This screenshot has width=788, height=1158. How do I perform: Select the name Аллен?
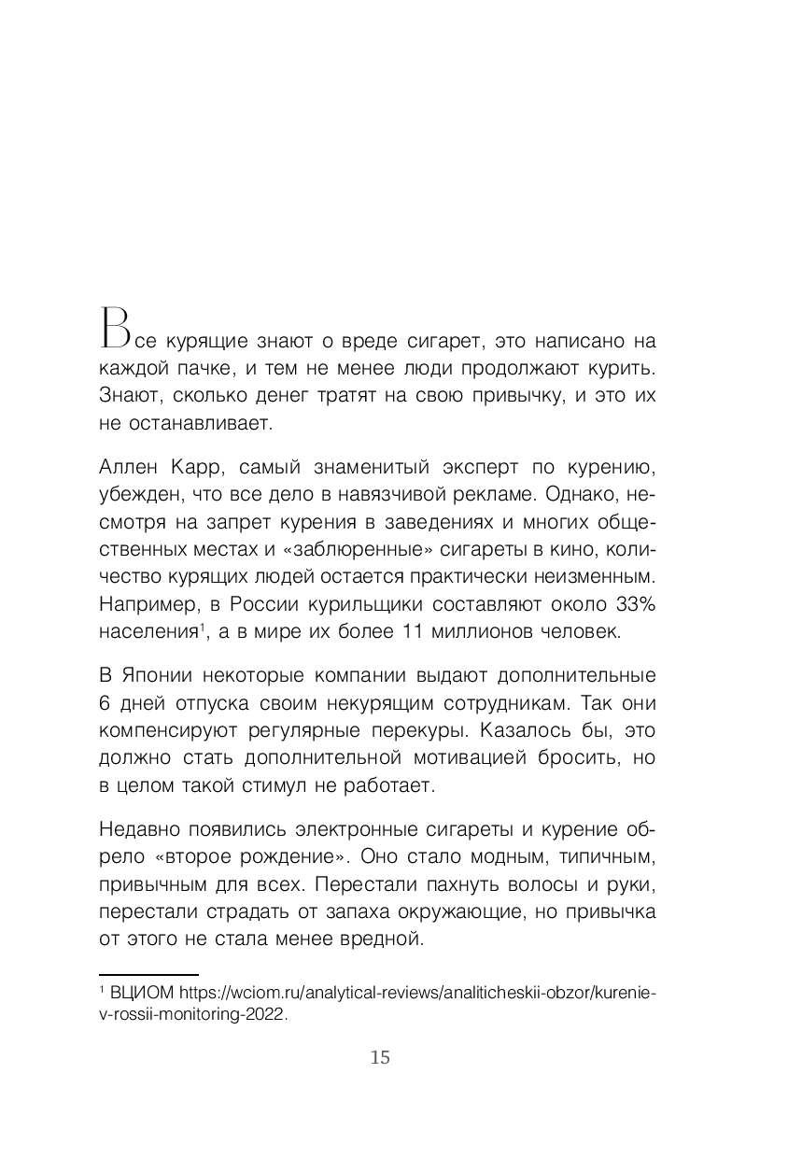click(127, 465)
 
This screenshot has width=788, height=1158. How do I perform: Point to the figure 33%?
click(635, 604)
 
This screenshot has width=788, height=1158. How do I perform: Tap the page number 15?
click(380, 1057)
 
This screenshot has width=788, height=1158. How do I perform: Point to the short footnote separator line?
click(148, 974)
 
